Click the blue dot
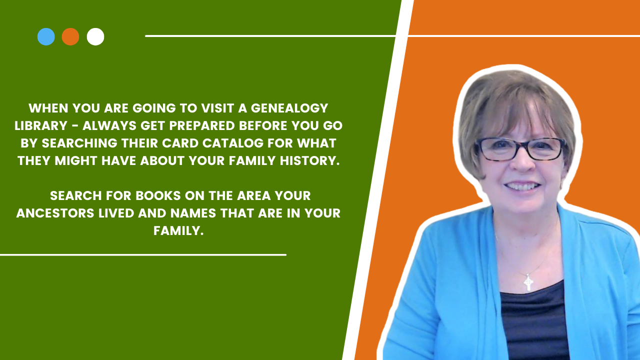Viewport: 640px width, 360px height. click(46, 36)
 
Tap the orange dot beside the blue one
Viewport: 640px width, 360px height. click(70, 36)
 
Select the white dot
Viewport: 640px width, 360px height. click(95, 36)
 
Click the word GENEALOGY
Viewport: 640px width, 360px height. click(289, 108)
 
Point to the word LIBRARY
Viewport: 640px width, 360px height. click(41, 125)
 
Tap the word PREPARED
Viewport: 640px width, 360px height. click(202, 125)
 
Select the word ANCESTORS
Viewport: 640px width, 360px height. click(55, 213)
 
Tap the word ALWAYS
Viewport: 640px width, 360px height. click(109, 125)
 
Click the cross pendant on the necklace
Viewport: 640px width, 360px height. click(528, 282)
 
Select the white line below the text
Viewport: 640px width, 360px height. click(143, 255)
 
